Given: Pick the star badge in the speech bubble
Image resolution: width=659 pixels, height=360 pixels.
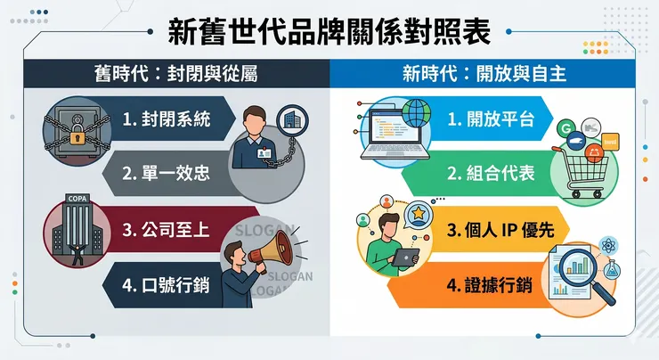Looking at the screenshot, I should [417, 214].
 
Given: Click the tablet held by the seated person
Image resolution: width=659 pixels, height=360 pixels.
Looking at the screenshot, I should [405, 258].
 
